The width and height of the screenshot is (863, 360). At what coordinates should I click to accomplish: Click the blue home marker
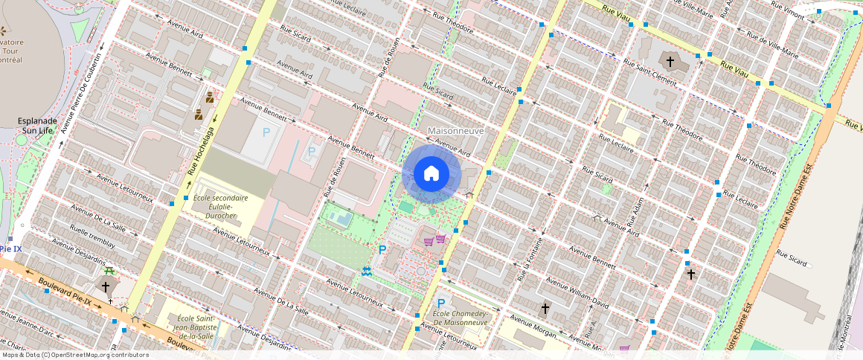pos(431,174)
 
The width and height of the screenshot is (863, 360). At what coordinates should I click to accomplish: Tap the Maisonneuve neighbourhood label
pos(456,131)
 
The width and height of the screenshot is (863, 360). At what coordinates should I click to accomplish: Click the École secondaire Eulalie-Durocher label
pos(220,207)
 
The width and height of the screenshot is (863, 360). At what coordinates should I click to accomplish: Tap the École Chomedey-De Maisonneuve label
pos(461,318)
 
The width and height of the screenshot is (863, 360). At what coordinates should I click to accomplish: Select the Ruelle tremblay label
pos(92,233)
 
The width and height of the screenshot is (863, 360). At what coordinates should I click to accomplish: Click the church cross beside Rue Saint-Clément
pos(670,62)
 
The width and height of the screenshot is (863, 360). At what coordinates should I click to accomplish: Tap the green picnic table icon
pos(109,271)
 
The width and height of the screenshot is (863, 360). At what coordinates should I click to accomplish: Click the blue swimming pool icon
pos(366,272)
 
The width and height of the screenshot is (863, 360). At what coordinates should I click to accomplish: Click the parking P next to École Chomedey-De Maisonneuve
pos(440,303)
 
